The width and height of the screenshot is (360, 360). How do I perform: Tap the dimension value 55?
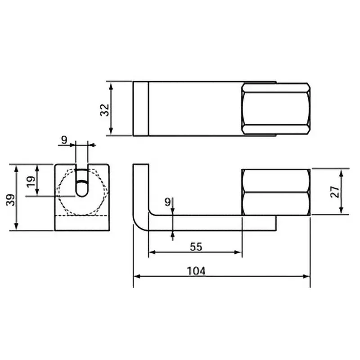pyautogui.click(x=195, y=247)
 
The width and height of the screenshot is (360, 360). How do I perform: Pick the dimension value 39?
pyautogui.click(x=9, y=198)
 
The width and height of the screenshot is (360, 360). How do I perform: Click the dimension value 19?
pyautogui.click(x=31, y=181)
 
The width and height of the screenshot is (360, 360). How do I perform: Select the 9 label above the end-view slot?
pyautogui.click(x=64, y=140)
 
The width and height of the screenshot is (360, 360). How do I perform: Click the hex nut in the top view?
pyautogui.click(x=275, y=108)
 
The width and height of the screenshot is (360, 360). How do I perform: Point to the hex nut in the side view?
pyautogui.click(x=275, y=192)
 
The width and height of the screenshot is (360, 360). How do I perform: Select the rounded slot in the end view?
pyautogui.click(x=81, y=183)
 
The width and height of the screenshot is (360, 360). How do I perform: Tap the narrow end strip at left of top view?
pyautogui.click(x=140, y=108)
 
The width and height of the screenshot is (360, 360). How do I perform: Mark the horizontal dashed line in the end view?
pyautogui.click(x=81, y=216)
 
